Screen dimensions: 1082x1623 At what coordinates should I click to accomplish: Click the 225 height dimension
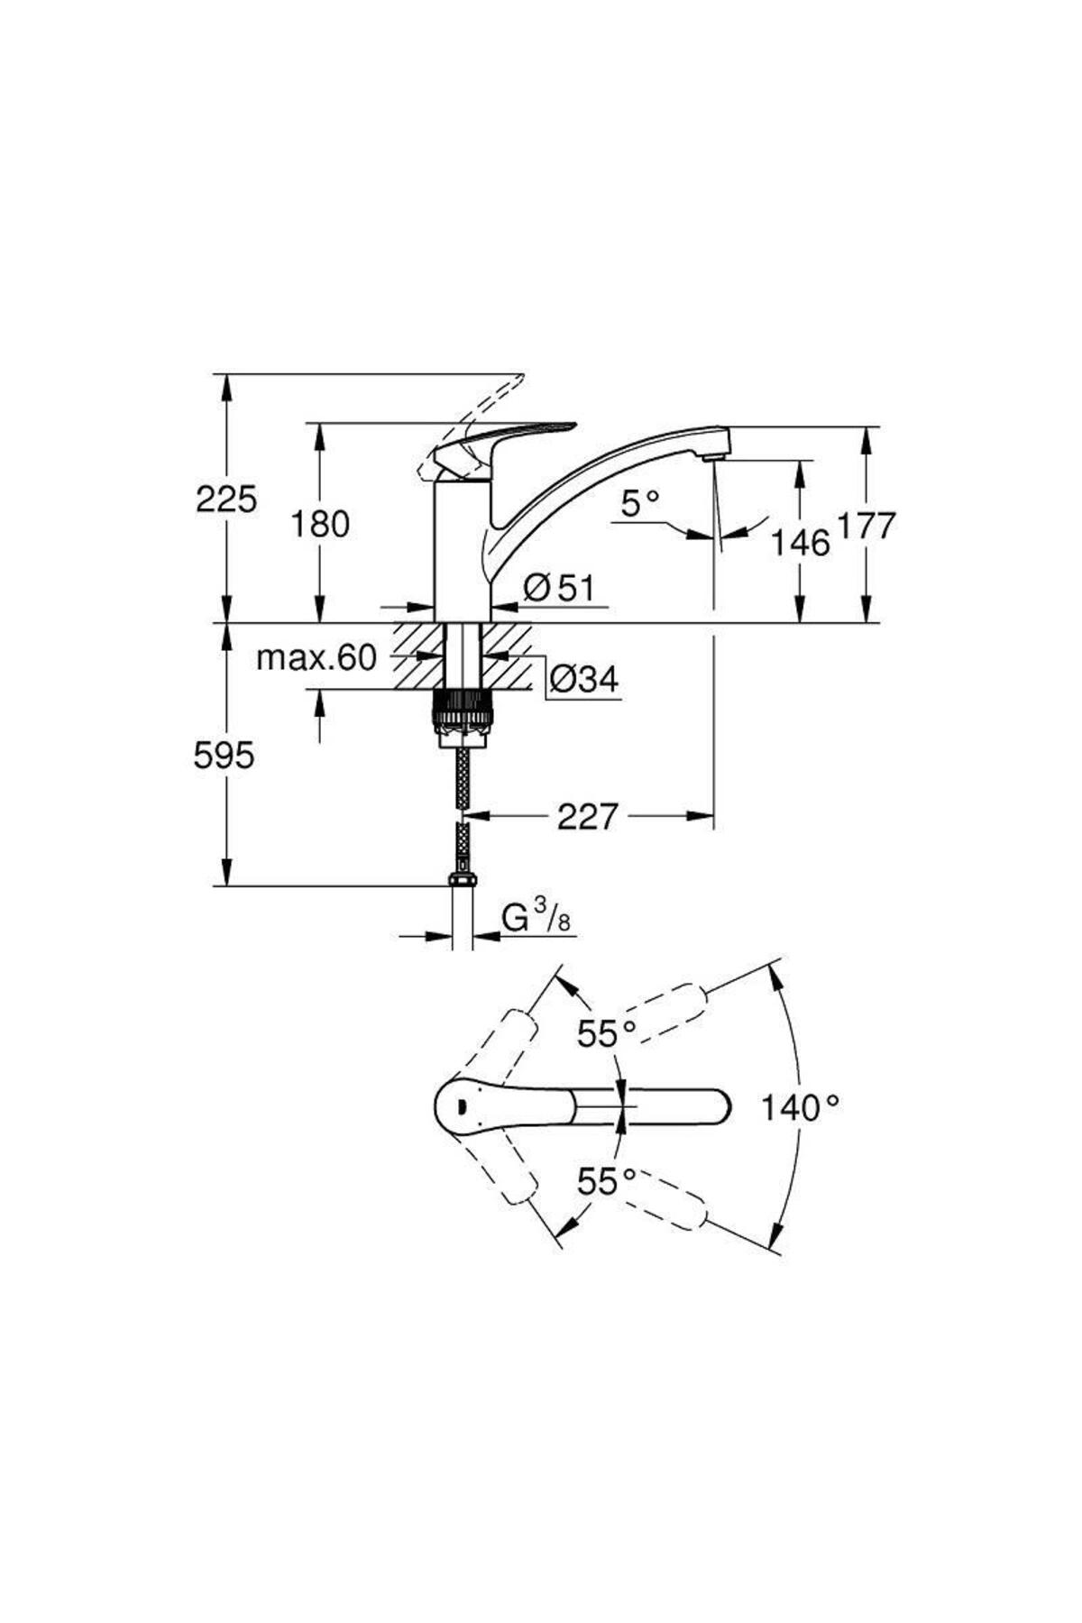pos(226,499)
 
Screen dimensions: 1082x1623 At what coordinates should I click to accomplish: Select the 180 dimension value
pos(319,523)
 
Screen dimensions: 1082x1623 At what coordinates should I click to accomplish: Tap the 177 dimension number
pos(867,525)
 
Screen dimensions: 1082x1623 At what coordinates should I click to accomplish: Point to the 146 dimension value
pos(800,543)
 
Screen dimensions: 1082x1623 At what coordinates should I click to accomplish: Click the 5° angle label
pos(640,503)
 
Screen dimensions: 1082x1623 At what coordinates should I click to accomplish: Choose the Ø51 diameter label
pos(559,588)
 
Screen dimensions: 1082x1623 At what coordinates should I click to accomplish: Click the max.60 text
pos(316,658)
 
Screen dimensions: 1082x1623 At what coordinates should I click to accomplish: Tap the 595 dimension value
pos(224,756)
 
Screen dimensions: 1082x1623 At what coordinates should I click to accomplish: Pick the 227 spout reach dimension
pos(588,817)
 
